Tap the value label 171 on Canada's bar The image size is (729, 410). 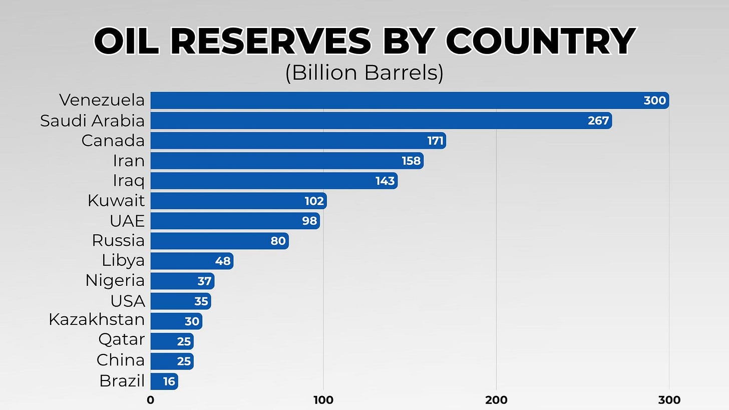coord(435,141)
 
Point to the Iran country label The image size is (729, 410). coord(129,161)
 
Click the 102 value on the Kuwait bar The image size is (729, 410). coord(314,201)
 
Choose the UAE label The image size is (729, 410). coord(127,221)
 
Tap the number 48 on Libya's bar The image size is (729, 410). coord(222,261)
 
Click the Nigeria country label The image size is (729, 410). coord(115,280)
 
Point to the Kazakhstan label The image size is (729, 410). coord(97,319)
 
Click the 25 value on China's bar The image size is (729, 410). coord(184,361)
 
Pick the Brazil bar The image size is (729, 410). coord(164,381)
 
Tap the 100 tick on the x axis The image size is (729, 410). coord(323,400)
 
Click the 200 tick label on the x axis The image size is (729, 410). coord(496,400)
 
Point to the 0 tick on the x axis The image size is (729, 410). coord(150,400)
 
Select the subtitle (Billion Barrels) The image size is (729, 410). coord(364,73)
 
